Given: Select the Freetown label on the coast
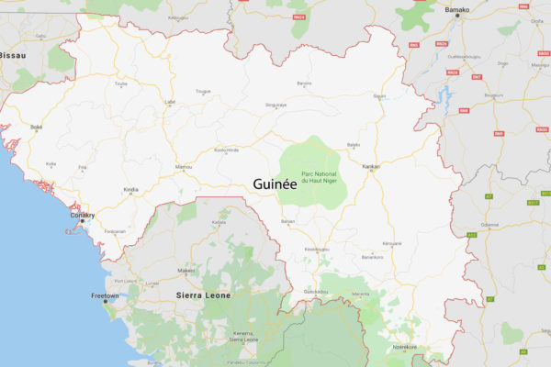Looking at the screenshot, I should click(x=106, y=295).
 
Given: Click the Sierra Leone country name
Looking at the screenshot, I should click(x=202, y=295).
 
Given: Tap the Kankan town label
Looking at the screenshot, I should click(x=371, y=166).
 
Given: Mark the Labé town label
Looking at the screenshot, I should click(x=169, y=101).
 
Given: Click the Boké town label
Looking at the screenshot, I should click(x=37, y=127).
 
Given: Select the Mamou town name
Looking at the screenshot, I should click(x=185, y=166).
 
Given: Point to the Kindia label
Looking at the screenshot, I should click(x=132, y=190).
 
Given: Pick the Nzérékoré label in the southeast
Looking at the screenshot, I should click(x=405, y=347).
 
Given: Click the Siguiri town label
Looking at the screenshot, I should click(x=379, y=95).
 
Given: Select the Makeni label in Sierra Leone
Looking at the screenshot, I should click(x=186, y=271).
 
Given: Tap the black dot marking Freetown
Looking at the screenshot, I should click(x=105, y=302).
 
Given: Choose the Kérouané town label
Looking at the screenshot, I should click(x=392, y=243).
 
